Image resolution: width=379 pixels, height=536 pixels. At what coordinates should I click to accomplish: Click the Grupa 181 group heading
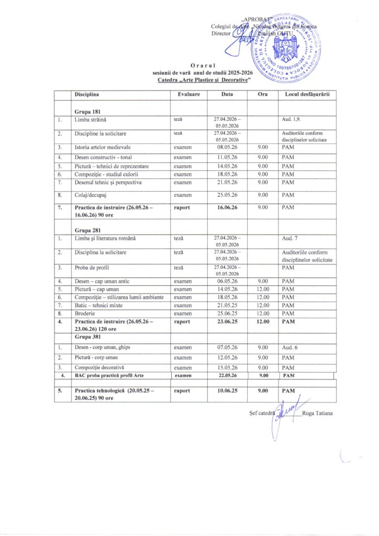[x=87, y=112]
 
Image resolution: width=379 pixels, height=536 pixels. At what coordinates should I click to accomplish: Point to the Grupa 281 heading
[x=87, y=229]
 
